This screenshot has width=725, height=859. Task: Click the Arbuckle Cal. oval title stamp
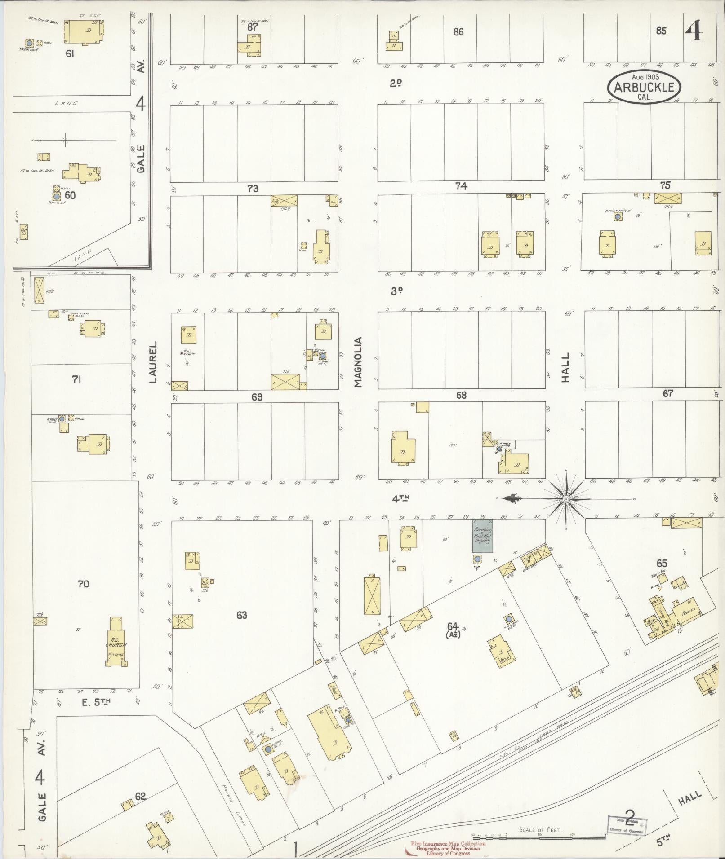(644, 86)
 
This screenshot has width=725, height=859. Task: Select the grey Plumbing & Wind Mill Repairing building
(482, 536)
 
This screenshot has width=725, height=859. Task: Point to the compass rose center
(566, 499)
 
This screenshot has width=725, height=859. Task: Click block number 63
(242, 615)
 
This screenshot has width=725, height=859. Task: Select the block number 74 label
(461, 186)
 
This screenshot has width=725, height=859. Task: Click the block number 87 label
(253, 26)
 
